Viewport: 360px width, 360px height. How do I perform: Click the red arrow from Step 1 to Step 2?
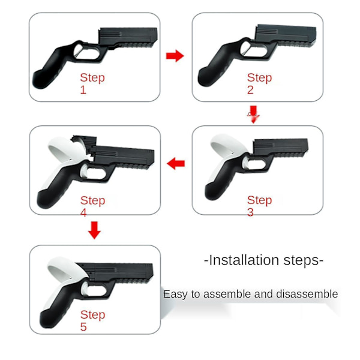pyautogui.click(x=175, y=56)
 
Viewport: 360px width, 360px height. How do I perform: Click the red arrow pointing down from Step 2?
pyautogui.click(x=253, y=115)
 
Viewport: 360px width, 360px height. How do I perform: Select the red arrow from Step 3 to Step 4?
pyautogui.click(x=176, y=163)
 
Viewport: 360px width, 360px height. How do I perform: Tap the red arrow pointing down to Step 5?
pyautogui.click(x=94, y=230)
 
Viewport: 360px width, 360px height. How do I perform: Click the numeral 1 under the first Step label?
pyautogui.click(x=83, y=89)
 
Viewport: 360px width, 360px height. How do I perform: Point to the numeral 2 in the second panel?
pyautogui.click(x=250, y=89)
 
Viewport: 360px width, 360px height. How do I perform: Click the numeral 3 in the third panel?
pyautogui.click(x=250, y=212)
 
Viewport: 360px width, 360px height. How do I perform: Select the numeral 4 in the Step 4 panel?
pyautogui.click(x=83, y=212)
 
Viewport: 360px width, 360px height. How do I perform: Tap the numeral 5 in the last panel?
pyautogui.click(x=83, y=326)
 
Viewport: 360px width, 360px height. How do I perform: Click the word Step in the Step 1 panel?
pyautogui.click(x=92, y=78)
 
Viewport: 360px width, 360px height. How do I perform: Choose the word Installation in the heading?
pyautogui.click(x=244, y=260)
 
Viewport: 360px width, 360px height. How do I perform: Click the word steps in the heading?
pyautogui.click(x=301, y=261)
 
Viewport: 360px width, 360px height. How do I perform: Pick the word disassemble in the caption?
pyautogui.click(x=307, y=294)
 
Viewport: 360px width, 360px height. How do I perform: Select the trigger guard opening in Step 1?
pyautogui.click(x=86, y=52)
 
